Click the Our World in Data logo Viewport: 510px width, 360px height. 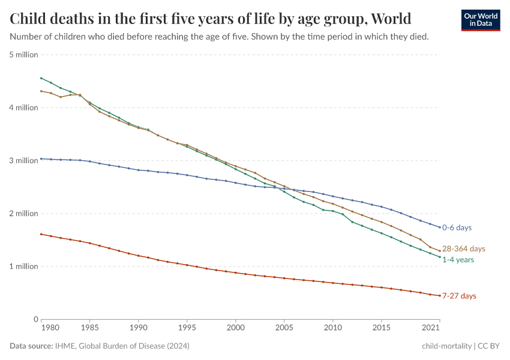pyautogui.click(x=480, y=20)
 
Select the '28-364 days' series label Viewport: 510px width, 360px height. pyautogui.click(x=463, y=248)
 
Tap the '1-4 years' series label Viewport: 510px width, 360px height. pyautogui.click(x=458, y=260)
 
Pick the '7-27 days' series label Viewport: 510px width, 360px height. pyautogui.click(x=460, y=296)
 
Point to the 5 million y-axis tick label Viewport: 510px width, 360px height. pyautogui.click(x=24, y=55)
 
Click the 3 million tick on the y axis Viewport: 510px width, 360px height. pyautogui.click(x=24, y=161)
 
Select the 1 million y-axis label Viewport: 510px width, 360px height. pyautogui.click(x=24, y=266)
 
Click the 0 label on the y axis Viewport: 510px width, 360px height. pyautogui.click(x=35, y=319)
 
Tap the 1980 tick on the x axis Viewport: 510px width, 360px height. pyautogui.click(x=51, y=329)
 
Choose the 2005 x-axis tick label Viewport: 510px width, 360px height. pyautogui.click(x=284, y=329)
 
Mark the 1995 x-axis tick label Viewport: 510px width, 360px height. pyautogui.click(x=187, y=329)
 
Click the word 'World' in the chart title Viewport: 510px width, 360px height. pyautogui.click(x=391, y=19)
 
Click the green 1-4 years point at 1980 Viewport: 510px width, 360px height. pyautogui.click(x=41, y=78)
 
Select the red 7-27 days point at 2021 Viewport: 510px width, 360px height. pyautogui.click(x=439, y=295)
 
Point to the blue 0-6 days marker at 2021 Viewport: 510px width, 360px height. pyautogui.click(x=439, y=227)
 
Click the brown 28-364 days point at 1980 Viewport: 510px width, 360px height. pyautogui.click(x=41, y=91)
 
